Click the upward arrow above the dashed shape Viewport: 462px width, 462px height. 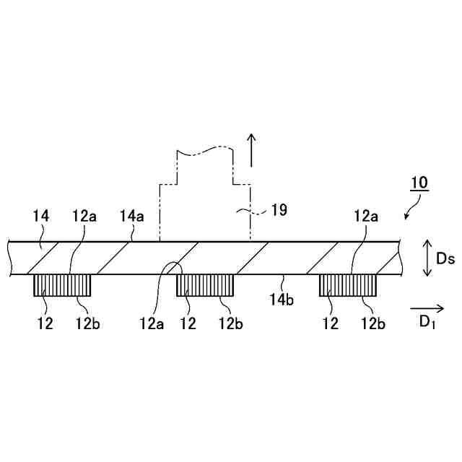251,149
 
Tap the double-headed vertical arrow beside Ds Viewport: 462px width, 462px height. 427,258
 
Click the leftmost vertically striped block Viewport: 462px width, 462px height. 62,285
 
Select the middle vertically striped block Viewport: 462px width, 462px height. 205,285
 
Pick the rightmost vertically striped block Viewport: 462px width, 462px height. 349,285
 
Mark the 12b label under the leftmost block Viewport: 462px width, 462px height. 87,323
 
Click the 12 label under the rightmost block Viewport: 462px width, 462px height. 331,323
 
